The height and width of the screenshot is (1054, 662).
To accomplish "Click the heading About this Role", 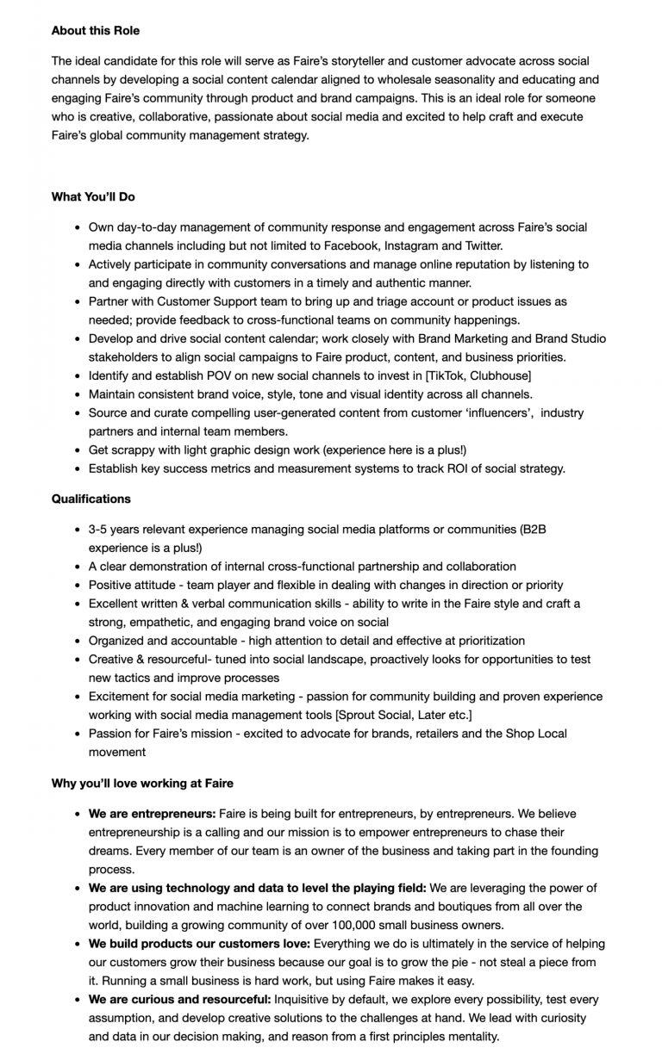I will pos(95,30).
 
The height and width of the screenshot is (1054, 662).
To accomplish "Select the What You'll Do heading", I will pos(93,196).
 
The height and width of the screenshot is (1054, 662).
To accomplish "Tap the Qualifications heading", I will pos(91,499).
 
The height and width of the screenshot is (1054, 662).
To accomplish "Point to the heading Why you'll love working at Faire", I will pos(142,783).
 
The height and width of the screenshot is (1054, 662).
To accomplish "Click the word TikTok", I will pos(441,375).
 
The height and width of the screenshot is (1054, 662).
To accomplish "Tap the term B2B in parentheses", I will pos(533,529).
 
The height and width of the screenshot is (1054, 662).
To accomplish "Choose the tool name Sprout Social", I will pos(378,715).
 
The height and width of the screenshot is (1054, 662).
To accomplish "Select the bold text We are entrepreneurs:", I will pos(152,813).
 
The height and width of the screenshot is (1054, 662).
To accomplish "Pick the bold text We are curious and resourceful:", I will pos(179,999).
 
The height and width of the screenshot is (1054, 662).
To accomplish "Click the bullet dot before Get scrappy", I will pos(78,450).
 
